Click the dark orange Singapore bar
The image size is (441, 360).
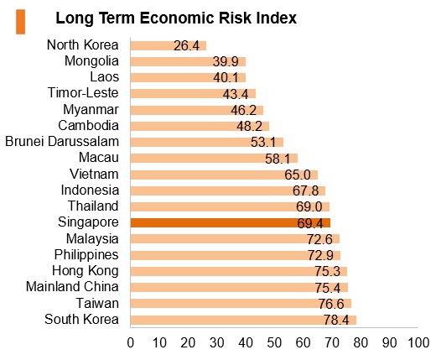231,222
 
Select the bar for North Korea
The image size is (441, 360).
169,45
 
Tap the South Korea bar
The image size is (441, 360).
244,320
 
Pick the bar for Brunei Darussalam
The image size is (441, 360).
207,142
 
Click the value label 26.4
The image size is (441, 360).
186,45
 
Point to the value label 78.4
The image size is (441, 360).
336,320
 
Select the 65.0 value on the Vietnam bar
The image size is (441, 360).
298,175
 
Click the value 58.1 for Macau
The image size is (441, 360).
278,159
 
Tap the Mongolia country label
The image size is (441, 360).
91,61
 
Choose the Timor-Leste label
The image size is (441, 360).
83,92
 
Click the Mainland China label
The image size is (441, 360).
72,286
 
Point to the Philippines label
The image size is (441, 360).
86,255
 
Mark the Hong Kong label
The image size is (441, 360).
86,271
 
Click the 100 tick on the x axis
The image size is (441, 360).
418,343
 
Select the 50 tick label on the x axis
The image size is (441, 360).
274,343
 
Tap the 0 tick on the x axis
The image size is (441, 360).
131,343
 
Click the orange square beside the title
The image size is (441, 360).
20,22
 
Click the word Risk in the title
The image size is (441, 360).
235,18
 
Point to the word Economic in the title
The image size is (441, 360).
177,18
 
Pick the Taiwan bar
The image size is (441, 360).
241,304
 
